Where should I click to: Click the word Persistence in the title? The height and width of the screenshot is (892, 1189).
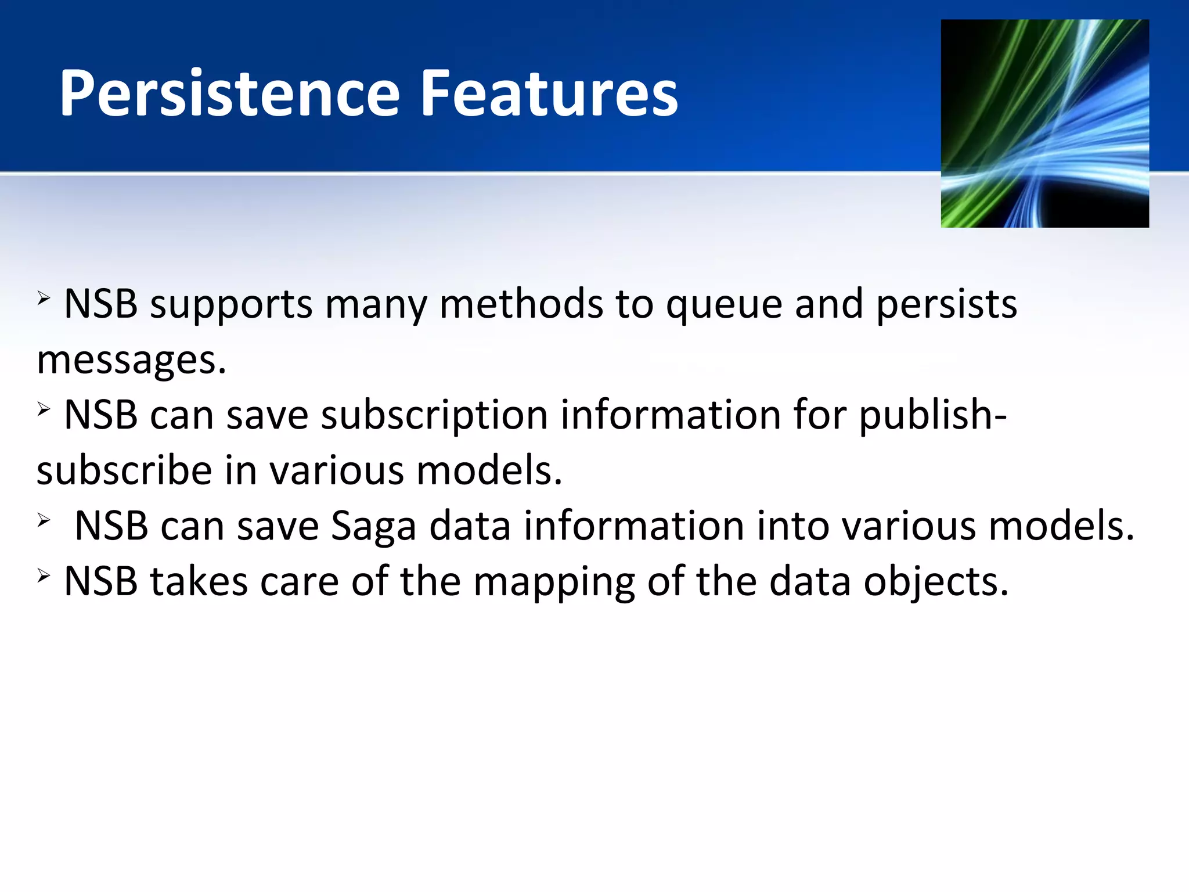pyautogui.click(x=230, y=93)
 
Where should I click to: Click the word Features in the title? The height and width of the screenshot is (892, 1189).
pyautogui.click(x=548, y=93)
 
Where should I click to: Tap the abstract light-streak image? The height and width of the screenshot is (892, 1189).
pyautogui.click(x=1044, y=123)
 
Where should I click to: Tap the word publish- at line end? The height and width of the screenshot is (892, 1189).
pyautogui.click(x=932, y=416)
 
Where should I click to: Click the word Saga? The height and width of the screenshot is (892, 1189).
pyautogui.click(x=373, y=526)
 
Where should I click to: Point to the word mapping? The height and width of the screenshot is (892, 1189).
pyautogui.click(x=554, y=582)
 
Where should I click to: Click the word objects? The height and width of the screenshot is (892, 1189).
pyautogui.click(x=936, y=582)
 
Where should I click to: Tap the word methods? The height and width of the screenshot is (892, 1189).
pyautogui.click(x=521, y=304)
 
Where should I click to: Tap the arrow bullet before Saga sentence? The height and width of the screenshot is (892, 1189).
pyautogui.click(x=44, y=520)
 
